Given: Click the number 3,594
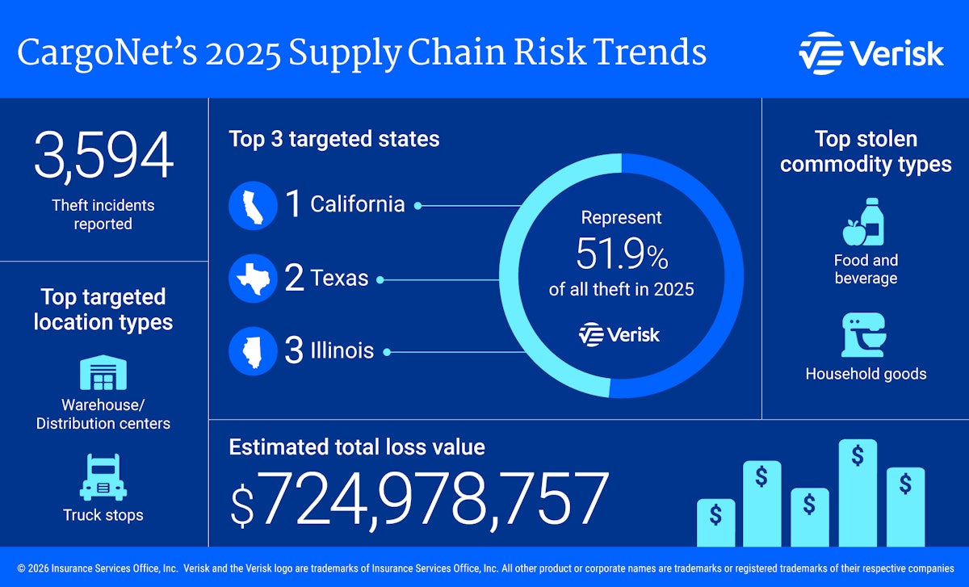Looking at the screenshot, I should tap(103, 156).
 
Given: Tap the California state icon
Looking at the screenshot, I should tap(253, 205).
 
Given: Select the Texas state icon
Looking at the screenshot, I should tap(253, 279).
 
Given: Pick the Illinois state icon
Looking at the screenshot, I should tap(253, 351).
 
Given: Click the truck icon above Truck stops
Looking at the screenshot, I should tap(103, 477).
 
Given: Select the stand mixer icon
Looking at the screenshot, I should tap(865, 335).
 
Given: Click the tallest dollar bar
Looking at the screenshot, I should tap(858, 493).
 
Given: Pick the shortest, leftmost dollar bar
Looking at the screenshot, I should tap(715, 522).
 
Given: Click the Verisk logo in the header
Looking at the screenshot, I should tap(870, 53).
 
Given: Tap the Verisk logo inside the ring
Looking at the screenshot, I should tap(619, 333).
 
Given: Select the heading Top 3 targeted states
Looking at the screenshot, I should tap(334, 139).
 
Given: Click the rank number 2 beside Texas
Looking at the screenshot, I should tap(294, 279).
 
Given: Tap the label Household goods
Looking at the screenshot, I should tap(866, 374).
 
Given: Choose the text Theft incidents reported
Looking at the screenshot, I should tap(103, 215).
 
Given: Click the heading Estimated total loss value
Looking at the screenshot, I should tap(357, 447).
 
